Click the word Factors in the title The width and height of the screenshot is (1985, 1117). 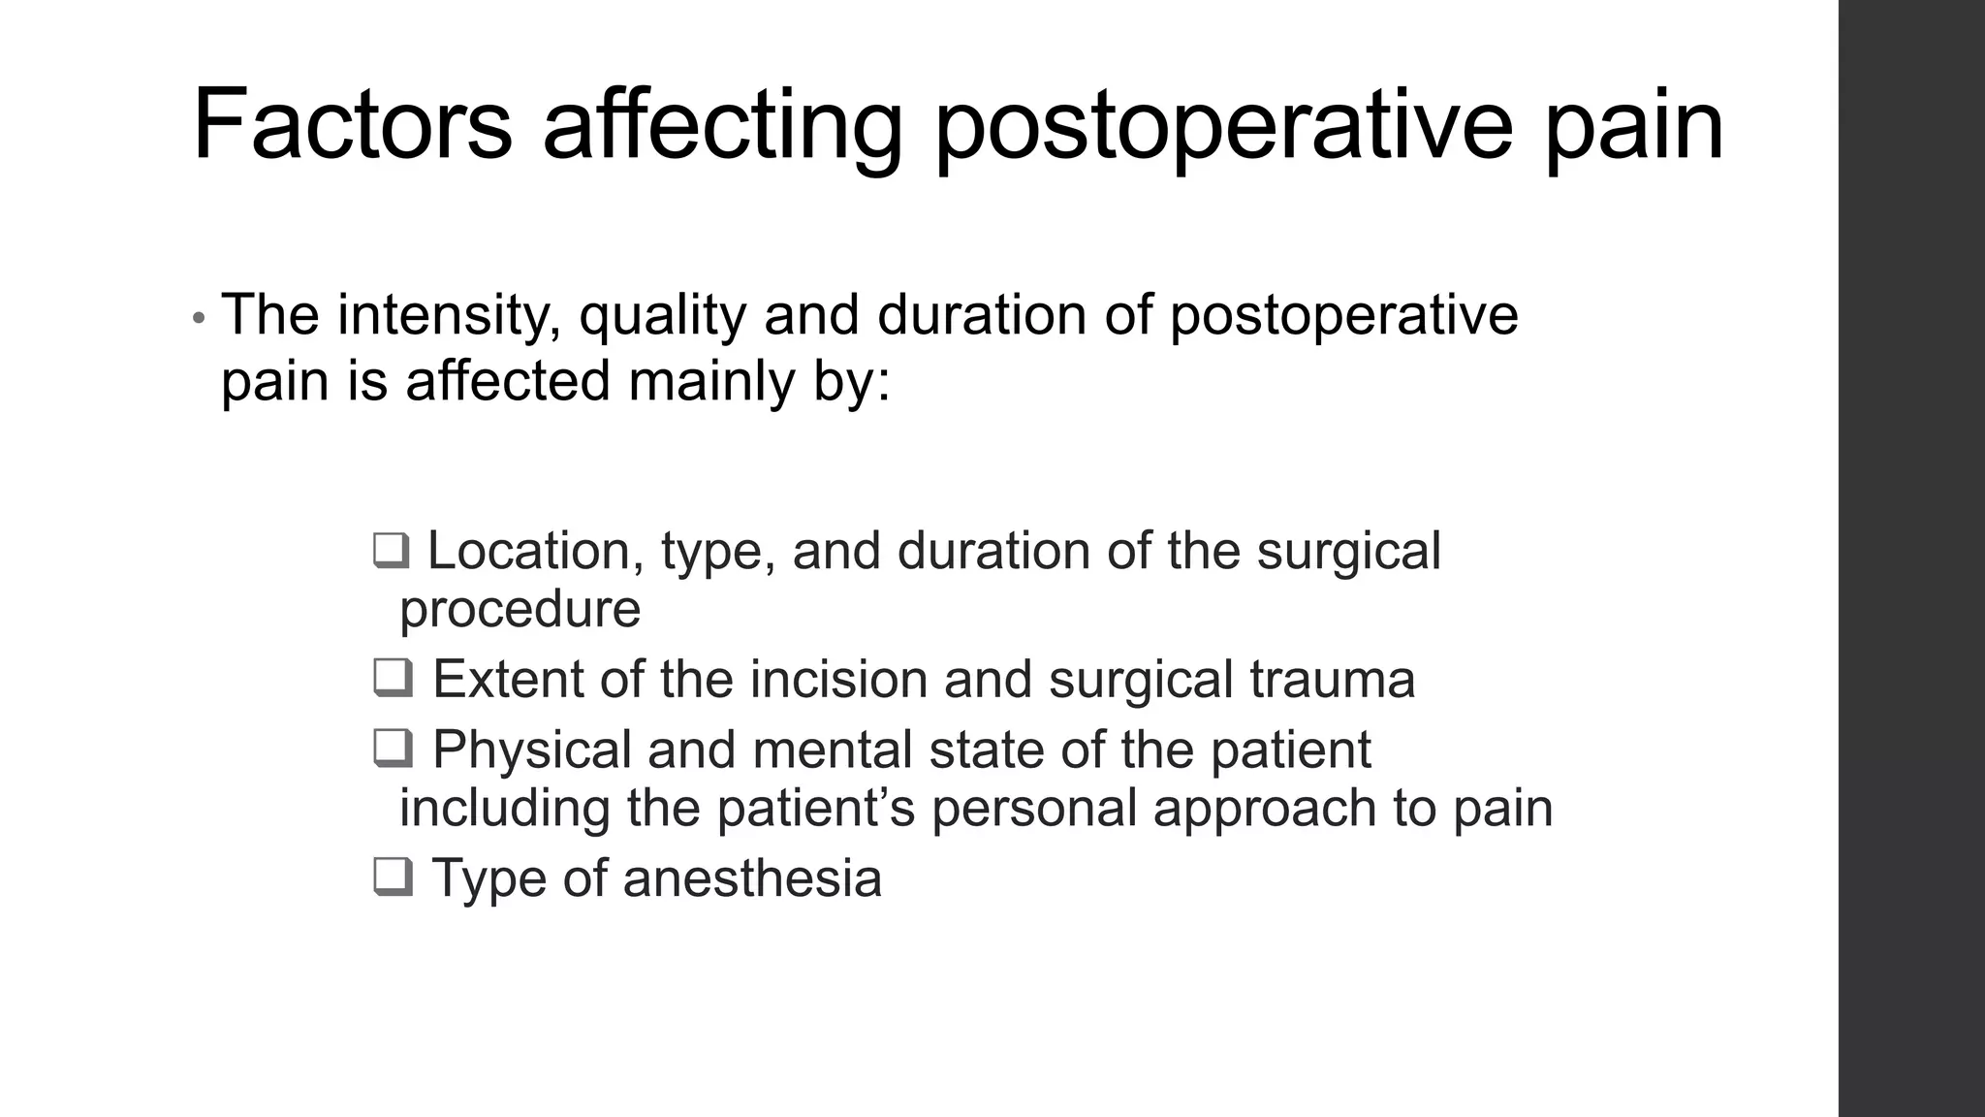[x=352, y=125]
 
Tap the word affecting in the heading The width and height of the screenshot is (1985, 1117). [x=722, y=125]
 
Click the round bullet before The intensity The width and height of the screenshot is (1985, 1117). [x=199, y=319]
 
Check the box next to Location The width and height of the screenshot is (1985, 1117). [x=391, y=551]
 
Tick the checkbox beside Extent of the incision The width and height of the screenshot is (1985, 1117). [x=393, y=678]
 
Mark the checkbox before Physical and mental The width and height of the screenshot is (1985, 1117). [x=393, y=749]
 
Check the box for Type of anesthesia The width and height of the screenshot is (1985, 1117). [x=393, y=878]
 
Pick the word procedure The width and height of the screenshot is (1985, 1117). [x=520, y=610]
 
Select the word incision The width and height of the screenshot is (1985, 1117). [x=838, y=679]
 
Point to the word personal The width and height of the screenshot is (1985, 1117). [x=1033, y=808]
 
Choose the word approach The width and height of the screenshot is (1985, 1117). [x=1265, y=810]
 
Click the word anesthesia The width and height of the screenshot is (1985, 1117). [x=752, y=878]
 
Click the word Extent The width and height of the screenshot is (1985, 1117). [x=508, y=679]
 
